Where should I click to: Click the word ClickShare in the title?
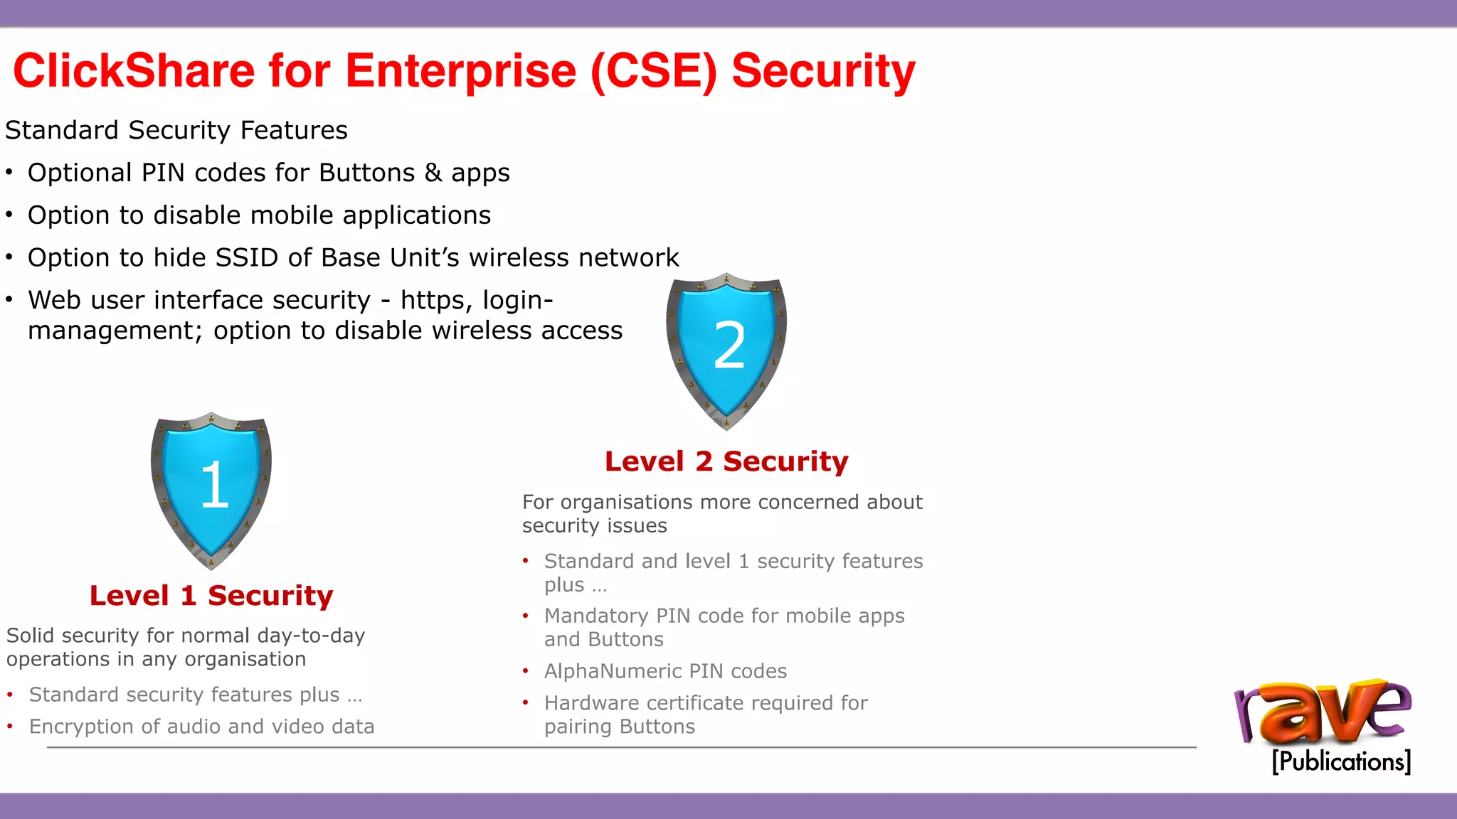[x=134, y=71]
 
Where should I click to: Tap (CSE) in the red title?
[x=654, y=71]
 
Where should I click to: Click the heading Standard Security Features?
[x=176, y=131]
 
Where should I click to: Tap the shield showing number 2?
[x=726, y=348]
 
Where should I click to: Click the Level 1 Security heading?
[x=211, y=596]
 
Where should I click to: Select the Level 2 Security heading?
[x=726, y=461]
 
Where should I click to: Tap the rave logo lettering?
[x=1323, y=713]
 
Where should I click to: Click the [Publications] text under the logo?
[x=1341, y=761]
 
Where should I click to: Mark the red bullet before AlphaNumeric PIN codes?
[x=526, y=671]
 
